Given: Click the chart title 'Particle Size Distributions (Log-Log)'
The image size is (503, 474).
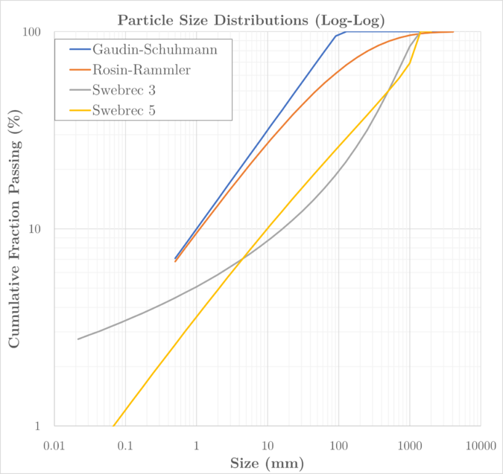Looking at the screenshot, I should (251, 19).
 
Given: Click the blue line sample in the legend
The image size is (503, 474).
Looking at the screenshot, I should (76, 50).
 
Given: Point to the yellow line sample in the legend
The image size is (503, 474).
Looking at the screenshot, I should (76, 111).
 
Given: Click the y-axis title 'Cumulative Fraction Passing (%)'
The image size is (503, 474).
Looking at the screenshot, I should (14, 229).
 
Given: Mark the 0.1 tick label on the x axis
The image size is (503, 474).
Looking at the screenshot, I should (124, 444).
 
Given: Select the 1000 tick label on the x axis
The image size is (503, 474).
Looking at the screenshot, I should (409, 444).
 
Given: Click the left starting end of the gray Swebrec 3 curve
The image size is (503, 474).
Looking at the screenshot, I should (77, 339).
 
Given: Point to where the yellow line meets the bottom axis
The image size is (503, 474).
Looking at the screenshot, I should (113, 426).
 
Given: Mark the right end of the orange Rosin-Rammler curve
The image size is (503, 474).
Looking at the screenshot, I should (453, 32).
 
